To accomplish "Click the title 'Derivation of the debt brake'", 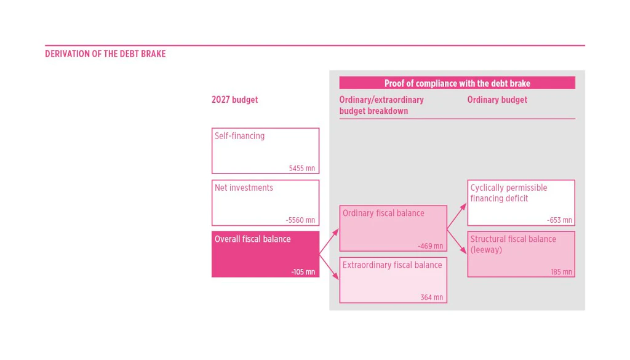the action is coord(105,54).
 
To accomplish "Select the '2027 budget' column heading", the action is coord(234,100).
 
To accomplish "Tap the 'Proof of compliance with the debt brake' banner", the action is coord(457,83).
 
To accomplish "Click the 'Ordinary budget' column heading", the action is coord(497,100).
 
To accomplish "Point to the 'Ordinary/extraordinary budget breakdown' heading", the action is coord(381,105).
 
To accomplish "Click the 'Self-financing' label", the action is coord(239,136).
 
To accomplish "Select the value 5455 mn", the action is coord(302,169).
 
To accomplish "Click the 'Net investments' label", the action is coord(244,188).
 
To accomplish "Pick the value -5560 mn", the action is coord(300,220).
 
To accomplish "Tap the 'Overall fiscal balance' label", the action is coord(252,239).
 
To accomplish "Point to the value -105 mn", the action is coord(303,272).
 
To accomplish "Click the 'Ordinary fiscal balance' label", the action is coord(383,214).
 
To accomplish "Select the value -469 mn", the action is coord(430,246).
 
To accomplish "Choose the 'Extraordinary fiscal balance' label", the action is coord(392,265).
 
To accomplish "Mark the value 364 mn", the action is coord(432,297).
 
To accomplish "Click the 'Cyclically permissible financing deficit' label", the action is coord(509,193).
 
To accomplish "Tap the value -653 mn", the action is coord(559,220).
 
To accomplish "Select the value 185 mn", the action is coord(561,272).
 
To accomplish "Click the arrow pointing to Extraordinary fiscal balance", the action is coord(329,266).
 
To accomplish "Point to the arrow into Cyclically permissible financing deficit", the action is coord(457,216).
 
